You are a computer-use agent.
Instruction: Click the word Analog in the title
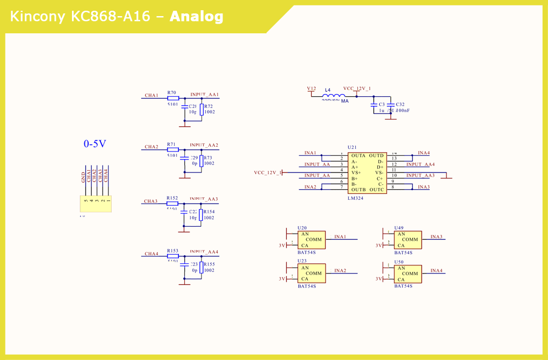point(196,17)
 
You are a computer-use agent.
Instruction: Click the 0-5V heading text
point(95,143)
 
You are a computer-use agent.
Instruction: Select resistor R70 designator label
point(172,93)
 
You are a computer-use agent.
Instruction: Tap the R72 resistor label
point(208,106)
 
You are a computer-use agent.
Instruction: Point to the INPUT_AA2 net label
point(204,145)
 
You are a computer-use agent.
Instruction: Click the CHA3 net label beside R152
point(150,201)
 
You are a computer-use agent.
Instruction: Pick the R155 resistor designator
point(209,264)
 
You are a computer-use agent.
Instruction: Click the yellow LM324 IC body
point(367,173)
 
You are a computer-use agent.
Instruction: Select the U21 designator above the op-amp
point(352,147)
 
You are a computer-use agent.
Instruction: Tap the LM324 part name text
point(355,198)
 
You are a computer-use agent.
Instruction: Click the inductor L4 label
point(328,90)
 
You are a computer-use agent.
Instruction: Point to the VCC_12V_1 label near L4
point(357,89)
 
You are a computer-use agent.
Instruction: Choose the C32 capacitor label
point(400,105)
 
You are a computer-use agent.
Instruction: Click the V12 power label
point(312,89)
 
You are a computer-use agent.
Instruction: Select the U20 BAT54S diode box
point(312,240)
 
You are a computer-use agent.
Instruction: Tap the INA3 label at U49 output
point(436,237)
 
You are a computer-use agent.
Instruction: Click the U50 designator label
point(399,262)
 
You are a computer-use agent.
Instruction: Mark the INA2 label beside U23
point(340,271)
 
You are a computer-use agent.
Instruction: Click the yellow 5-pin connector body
point(96,204)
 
